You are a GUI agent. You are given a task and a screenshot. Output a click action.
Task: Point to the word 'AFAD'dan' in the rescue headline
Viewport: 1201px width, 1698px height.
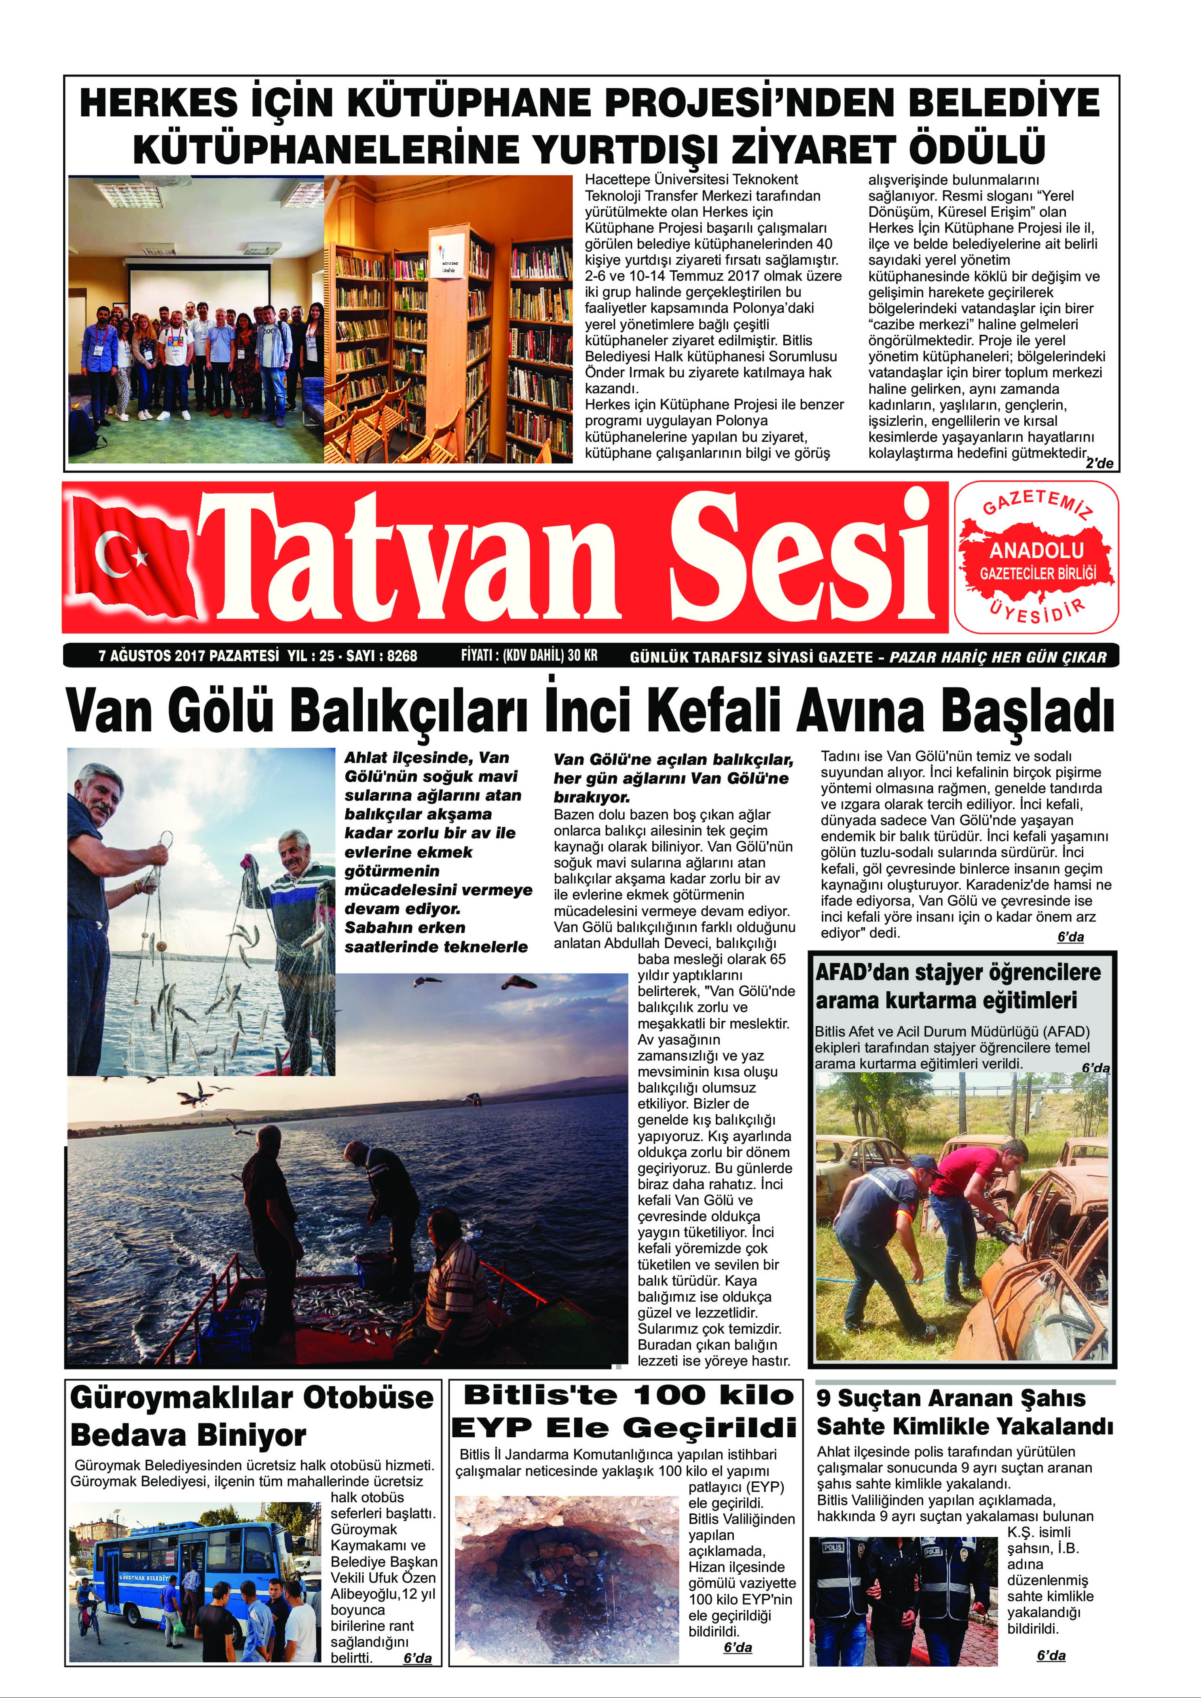coord(862,972)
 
